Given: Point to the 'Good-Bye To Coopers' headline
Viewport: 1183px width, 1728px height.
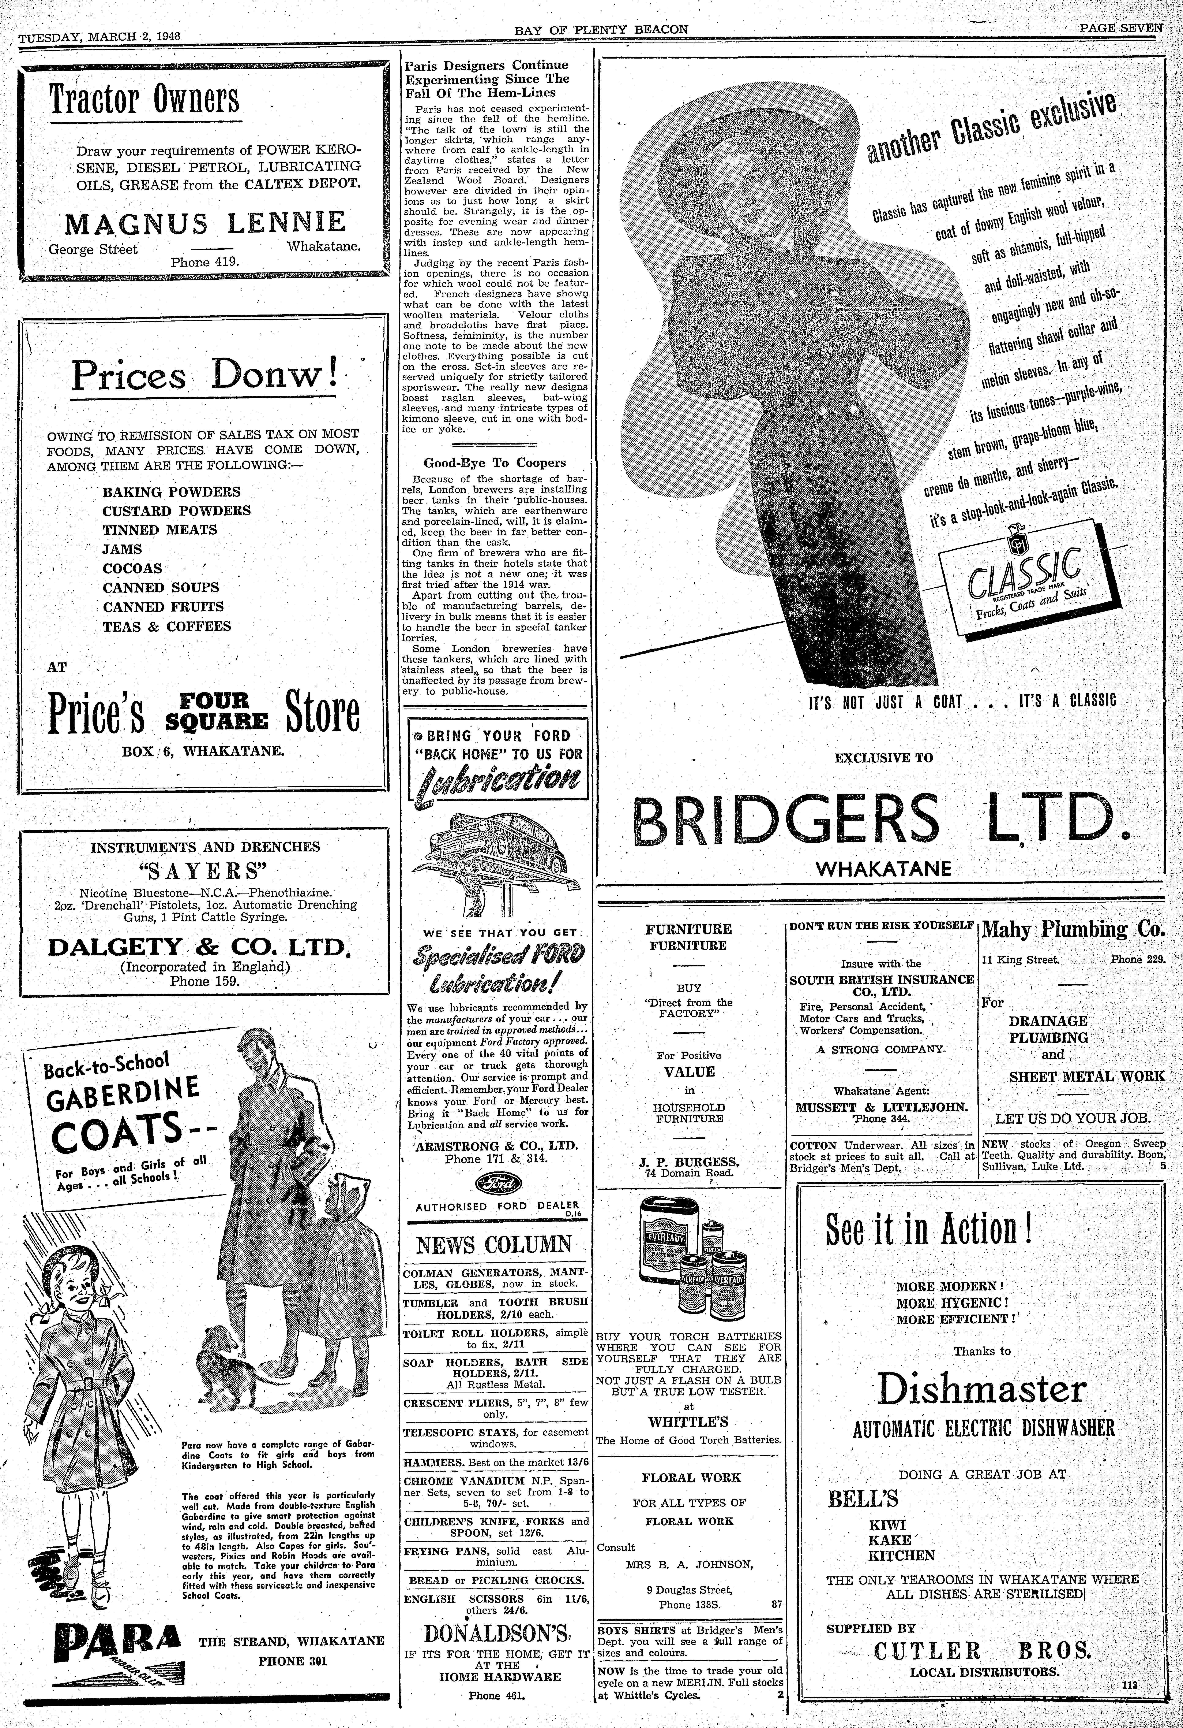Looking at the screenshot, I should click(x=494, y=462).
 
